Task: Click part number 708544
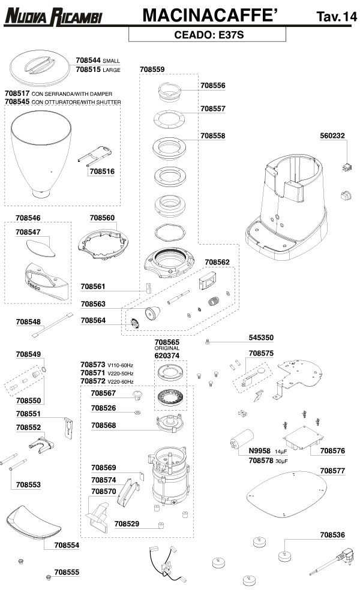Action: (88, 61)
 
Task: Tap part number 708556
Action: (213, 86)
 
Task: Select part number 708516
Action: (101, 171)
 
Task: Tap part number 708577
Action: (332, 471)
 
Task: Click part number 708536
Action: (332, 534)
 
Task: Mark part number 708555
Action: (67, 572)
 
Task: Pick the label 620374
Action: (167, 355)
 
